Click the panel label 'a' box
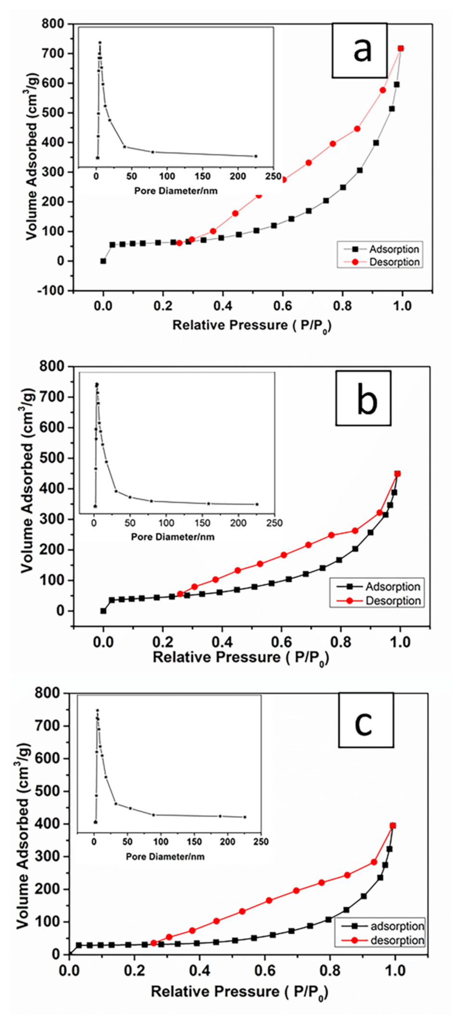359,50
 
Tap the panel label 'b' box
363,398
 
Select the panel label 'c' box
366,720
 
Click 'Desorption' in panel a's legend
394,262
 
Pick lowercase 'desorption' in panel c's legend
397,940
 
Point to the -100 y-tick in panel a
54,291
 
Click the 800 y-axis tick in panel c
49,693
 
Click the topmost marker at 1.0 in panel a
401,48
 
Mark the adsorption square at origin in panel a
103,261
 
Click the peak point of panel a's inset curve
100,42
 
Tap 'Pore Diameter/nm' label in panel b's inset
173,537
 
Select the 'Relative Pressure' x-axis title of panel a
252,325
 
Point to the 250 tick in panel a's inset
273,176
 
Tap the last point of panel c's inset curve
245,817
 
